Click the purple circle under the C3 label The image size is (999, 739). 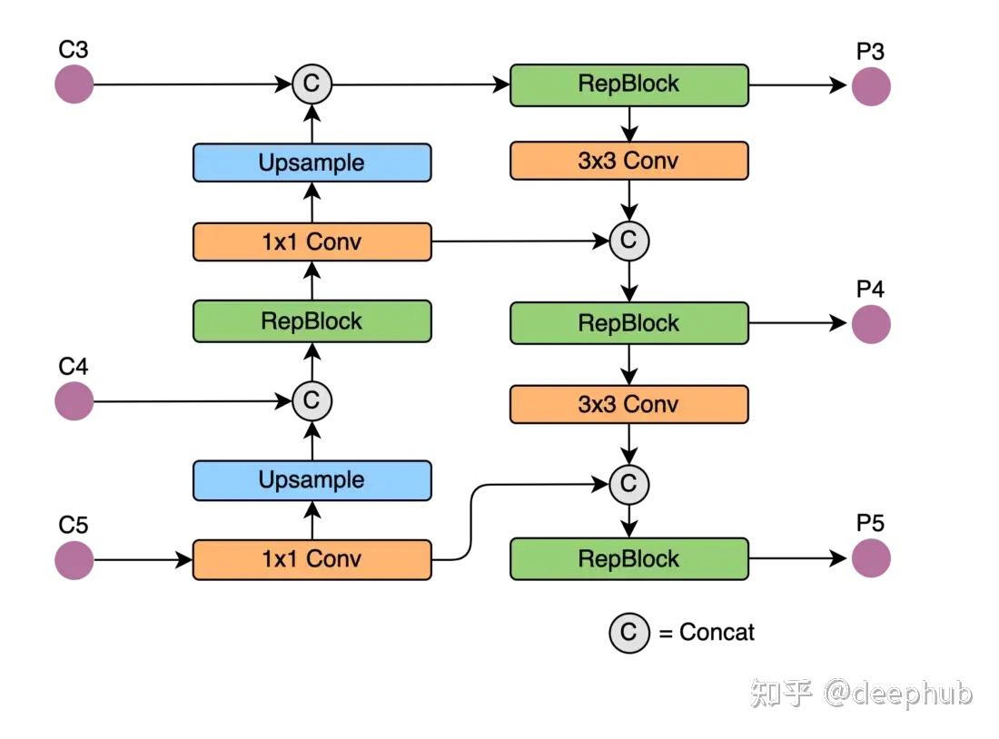74,84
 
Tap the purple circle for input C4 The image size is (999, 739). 74,400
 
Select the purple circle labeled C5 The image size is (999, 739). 74,560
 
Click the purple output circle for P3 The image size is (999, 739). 871,86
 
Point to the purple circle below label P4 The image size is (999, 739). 871,324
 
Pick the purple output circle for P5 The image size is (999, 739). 871,558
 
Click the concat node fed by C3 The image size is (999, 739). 312,84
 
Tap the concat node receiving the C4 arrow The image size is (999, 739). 312,400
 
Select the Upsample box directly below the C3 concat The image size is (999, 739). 312,163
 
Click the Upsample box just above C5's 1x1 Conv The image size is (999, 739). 312,480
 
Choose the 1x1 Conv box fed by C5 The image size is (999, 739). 312,560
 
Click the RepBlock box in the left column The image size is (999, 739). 312,321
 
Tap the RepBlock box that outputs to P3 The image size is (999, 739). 629,84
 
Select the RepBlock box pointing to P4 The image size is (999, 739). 629,323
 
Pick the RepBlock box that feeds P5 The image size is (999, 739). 629,558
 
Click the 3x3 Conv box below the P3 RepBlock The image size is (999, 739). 629,161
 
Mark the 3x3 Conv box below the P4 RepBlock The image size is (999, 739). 629,404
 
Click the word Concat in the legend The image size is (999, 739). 717,632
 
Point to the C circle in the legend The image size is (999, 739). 628,633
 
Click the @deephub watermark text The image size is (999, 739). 898,693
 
